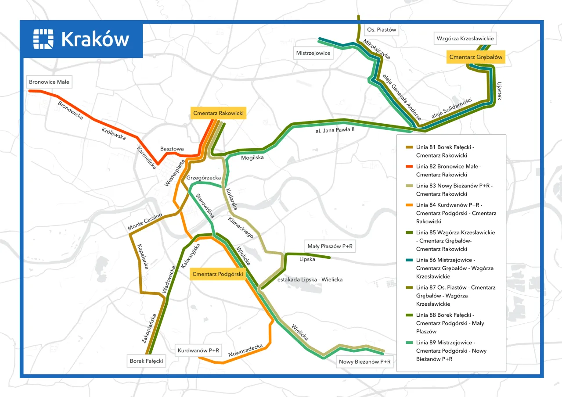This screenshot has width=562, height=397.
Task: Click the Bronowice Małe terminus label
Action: [x=49, y=82]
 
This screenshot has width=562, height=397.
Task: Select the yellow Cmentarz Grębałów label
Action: [x=476, y=57]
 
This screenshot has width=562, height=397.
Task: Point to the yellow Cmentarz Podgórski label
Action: [x=218, y=274]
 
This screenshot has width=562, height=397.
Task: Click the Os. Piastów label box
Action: [x=382, y=30]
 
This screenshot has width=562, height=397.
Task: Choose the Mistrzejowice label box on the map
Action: [x=313, y=53]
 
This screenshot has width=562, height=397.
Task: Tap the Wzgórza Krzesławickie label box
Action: [x=465, y=38]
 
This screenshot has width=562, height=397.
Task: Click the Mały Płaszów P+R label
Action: [x=330, y=247]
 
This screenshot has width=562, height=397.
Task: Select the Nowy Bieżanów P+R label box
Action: [x=364, y=362]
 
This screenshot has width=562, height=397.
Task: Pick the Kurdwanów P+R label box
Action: [x=198, y=351]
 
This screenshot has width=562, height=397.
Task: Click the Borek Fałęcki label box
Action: [x=147, y=361]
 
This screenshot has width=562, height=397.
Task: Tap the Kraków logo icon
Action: [x=43, y=39]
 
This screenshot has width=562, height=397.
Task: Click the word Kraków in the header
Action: [x=95, y=39]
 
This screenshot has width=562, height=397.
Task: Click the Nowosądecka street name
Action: [x=245, y=350]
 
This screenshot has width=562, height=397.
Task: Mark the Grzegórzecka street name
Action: [x=204, y=178]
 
